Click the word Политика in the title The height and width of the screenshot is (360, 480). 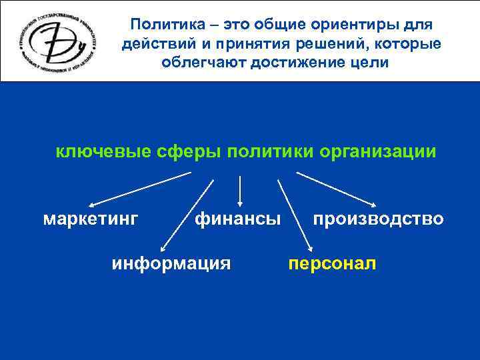(x=158, y=25)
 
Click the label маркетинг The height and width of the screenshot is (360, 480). (x=91, y=219)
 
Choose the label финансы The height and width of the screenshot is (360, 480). (x=237, y=219)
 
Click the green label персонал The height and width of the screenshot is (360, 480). (x=332, y=264)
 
